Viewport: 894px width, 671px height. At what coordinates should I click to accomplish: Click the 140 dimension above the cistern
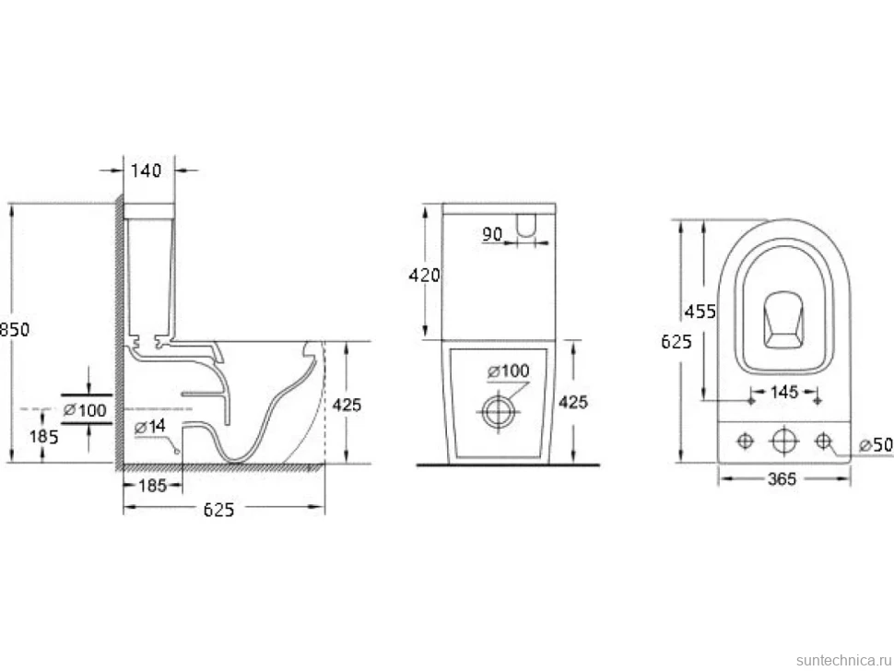pos(146,171)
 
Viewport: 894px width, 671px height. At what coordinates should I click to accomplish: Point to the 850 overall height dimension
pos(14,330)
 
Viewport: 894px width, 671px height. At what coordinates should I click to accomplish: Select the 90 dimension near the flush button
pos(492,234)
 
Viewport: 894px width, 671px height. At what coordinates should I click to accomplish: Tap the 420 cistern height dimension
pos(424,276)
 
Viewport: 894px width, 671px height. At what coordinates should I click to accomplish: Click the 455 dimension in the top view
pos(700,312)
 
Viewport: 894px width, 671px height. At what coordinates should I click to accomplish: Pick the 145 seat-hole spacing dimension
pos(784,393)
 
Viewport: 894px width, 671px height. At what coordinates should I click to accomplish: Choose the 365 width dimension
pos(782,479)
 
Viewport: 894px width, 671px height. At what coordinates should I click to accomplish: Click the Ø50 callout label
pos(876,444)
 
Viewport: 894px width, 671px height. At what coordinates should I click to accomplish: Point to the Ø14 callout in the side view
pos(150,427)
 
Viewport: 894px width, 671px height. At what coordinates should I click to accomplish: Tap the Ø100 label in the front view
pos(509,371)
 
